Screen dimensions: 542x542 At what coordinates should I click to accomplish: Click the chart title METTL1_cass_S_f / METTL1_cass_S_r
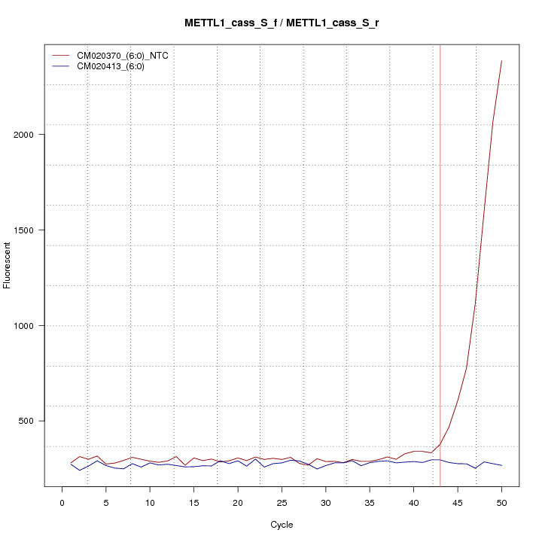(282, 23)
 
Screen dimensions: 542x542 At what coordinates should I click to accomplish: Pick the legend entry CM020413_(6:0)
(116, 66)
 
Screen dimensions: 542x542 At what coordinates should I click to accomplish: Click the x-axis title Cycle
(282, 525)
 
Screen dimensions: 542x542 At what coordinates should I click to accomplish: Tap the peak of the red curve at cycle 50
(501, 61)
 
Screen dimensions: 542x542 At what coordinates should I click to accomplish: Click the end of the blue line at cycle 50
(501, 466)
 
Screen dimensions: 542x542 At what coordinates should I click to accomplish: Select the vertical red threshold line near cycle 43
(440, 263)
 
